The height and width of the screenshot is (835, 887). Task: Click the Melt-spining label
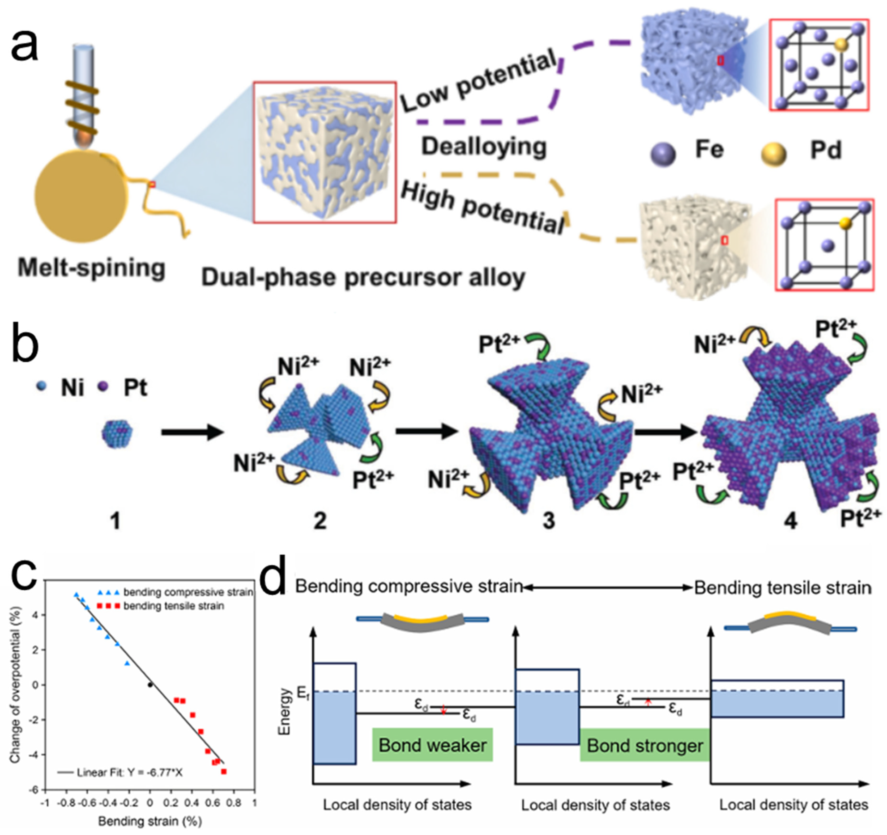tap(91, 268)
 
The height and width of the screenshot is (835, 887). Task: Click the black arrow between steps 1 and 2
tap(192, 432)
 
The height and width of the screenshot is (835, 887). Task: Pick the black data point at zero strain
tap(150, 685)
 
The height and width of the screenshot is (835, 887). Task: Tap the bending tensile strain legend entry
tap(174, 606)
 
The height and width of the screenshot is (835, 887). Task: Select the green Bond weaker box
tap(432, 745)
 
